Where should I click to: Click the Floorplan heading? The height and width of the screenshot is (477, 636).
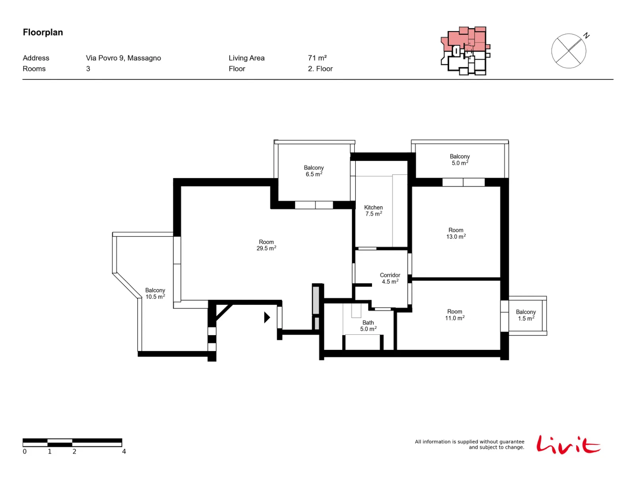pyautogui.click(x=43, y=32)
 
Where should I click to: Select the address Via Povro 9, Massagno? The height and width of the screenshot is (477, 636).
pyautogui.click(x=124, y=58)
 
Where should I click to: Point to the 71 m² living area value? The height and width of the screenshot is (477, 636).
pyautogui.click(x=317, y=58)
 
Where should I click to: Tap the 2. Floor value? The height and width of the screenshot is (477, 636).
pyautogui.click(x=320, y=69)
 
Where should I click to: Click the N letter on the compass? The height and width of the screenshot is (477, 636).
pyautogui.click(x=586, y=36)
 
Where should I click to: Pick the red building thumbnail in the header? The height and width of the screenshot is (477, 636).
pyautogui.click(x=465, y=51)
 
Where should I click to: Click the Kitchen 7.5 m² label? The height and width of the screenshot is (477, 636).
pyautogui.click(x=374, y=211)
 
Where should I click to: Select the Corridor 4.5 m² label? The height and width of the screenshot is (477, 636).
pyautogui.click(x=390, y=278)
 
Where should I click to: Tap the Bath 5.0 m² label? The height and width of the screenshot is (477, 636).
pyautogui.click(x=368, y=326)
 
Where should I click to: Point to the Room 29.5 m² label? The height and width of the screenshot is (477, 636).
pyautogui.click(x=266, y=245)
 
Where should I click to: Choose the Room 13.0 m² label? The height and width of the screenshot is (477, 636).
pyautogui.click(x=456, y=233)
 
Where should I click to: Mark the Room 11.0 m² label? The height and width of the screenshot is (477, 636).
pyautogui.click(x=455, y=315)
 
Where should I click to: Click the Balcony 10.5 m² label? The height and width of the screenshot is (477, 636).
pyautogui.click(x=155, y=293)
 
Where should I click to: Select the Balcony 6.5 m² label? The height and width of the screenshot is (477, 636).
pyautogui.click(x=314, y=171)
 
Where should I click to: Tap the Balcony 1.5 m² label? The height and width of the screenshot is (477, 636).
pyautogui.click(x=526, y=315)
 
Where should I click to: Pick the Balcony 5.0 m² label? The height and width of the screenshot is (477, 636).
pyautogui.click(x=460, y=159)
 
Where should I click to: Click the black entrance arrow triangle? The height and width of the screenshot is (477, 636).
pyautogui.click(x=267, y=318)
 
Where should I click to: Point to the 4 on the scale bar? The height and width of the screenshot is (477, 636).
pyautogui.click(x=124, y=452)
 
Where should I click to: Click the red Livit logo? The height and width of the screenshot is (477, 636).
pyautogui.click(x=568, y=444)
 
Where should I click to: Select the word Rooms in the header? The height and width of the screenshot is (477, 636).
pyautogui.click(x=34, y=69)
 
